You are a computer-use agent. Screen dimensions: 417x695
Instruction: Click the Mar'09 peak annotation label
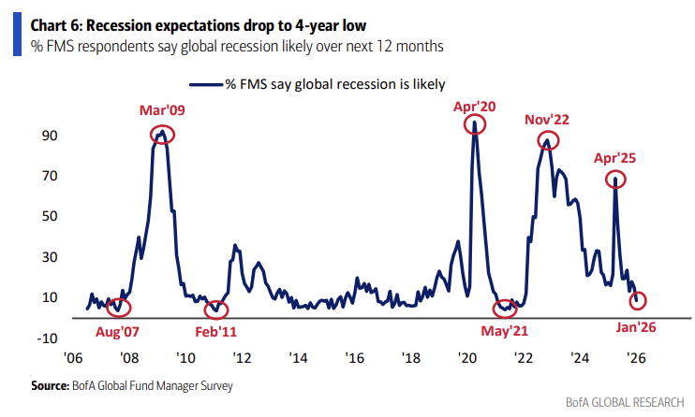(163, 110)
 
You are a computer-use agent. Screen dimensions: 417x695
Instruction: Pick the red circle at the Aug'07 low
(120, 306)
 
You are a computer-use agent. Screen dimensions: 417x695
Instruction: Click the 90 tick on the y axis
(49, 136)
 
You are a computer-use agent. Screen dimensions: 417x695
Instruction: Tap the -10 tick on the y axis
(47, 338)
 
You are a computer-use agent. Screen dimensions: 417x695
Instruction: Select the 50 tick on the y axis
(49, 216)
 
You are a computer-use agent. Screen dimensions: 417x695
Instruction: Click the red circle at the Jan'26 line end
(638, 300)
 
